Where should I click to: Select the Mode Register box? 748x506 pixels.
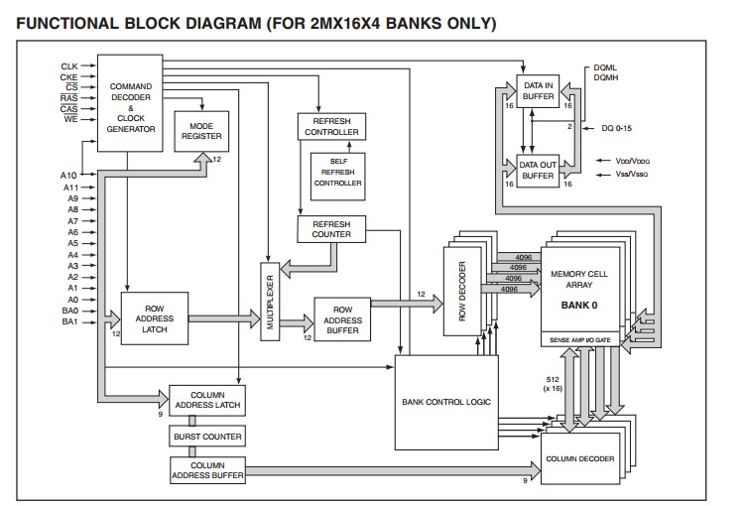click(200, 132)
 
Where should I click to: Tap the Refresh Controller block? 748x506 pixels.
click(331, 125)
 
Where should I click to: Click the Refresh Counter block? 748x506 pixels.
click(331, 230)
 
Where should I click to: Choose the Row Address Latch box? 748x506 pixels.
click(154, 317)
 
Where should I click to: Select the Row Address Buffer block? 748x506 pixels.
click(342, 320)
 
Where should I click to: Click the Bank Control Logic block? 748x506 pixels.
click(445, 402)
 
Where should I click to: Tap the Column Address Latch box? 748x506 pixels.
click(206, 400)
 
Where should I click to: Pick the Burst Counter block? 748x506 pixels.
click(206, 436)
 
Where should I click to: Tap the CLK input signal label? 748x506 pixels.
click(69, 65)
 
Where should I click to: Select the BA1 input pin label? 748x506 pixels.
click(69, 321)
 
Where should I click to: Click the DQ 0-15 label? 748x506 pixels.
click(620, 128)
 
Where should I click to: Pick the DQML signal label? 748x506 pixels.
click(605, 66)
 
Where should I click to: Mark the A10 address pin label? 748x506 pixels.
click(69, 176)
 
